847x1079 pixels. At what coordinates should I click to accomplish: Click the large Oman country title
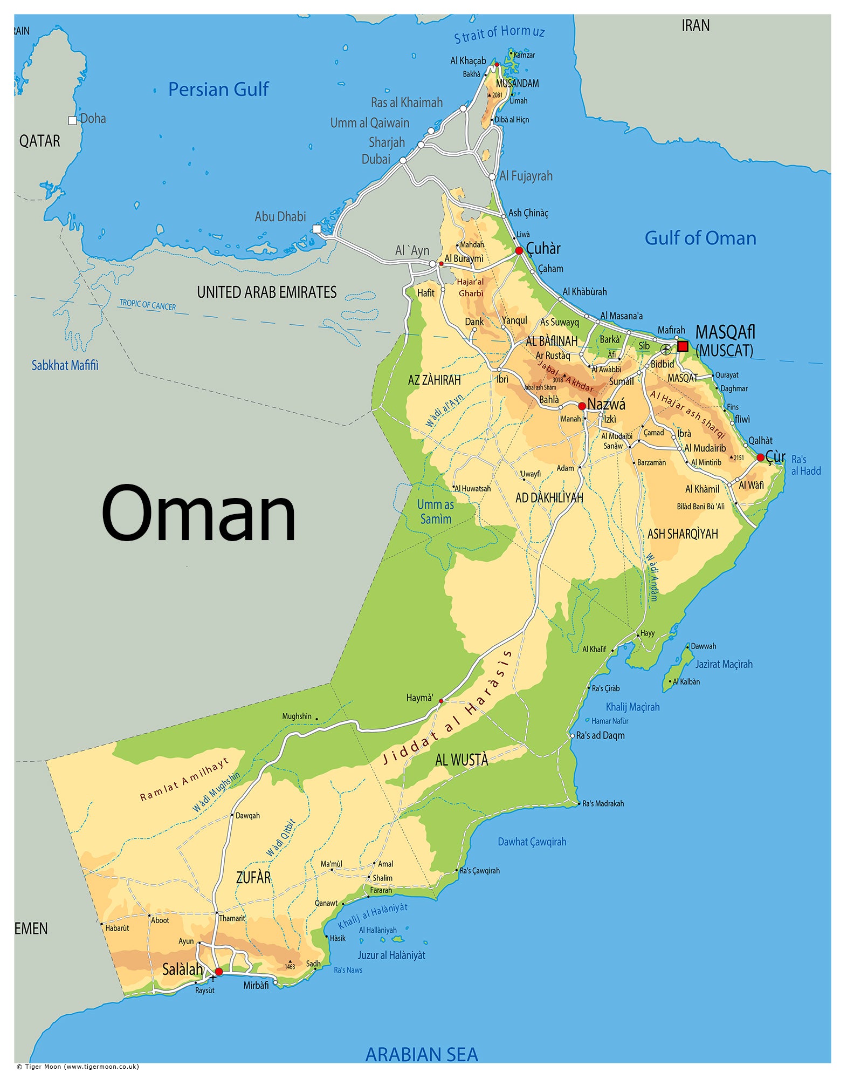coord(198,513)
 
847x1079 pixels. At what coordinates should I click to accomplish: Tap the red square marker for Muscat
coord(683,346)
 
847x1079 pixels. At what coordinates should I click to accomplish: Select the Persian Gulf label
coord(218,90)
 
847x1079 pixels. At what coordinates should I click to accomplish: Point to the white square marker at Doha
coord(72,120)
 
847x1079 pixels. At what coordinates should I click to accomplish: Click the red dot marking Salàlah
coord(218,972)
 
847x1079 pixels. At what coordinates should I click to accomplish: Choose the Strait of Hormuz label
coord(499,33)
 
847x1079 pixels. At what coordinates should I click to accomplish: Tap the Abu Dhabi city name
coord(280,217)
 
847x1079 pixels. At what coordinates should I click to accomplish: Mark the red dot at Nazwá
coord(582,406)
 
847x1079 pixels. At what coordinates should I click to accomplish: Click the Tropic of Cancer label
coord(147,305)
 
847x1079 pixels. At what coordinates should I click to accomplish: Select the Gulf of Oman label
coord(700,238)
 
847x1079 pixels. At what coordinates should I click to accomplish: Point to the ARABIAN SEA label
coord(421,1054)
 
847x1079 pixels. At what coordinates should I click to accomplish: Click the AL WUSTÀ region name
coord(461,760)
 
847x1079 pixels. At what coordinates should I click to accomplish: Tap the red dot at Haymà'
coord(441,701)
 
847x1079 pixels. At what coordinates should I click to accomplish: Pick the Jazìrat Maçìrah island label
coord(723,664)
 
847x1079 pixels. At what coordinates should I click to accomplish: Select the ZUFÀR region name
coord(253,877)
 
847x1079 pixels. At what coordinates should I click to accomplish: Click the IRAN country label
coord(695,25)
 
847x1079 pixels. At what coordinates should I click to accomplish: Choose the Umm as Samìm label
coord(435,511)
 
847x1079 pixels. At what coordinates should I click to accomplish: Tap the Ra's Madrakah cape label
coord(603,803)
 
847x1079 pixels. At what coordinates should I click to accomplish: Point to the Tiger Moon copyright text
coord(78,1067)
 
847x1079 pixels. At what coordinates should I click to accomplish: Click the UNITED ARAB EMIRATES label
coord(266,292)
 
